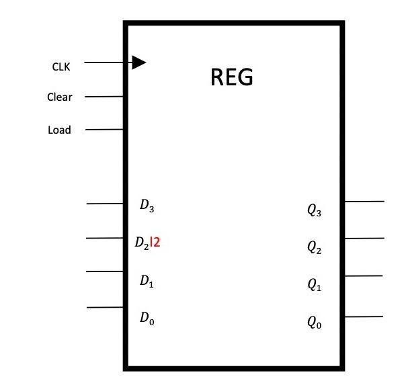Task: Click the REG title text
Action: [x=232, y=77]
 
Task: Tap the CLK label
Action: [x=61, y=67]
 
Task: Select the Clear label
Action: [x=59, y=97]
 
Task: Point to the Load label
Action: [x=59, y=130]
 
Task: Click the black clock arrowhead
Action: [x=138, y=62]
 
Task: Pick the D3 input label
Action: [x=147, y=206]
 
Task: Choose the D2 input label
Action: [x=142, y=243]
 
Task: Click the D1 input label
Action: [x=147, y=282]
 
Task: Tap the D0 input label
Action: [x=147, y=318]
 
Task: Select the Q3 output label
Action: [x=314, y=211]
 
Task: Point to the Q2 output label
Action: [x=314, y=248]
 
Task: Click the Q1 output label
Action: [x=314, y=286]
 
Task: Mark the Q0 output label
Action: [x=314, y=323]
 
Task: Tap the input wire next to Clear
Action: [x=104, y=97]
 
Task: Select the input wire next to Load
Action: [x=104, y=129]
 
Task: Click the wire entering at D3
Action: [x=106, y=203]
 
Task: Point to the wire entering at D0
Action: [x=106, y=307]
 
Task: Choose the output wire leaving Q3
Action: [x=364, y=201]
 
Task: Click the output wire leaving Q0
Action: [x=364, y=316]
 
